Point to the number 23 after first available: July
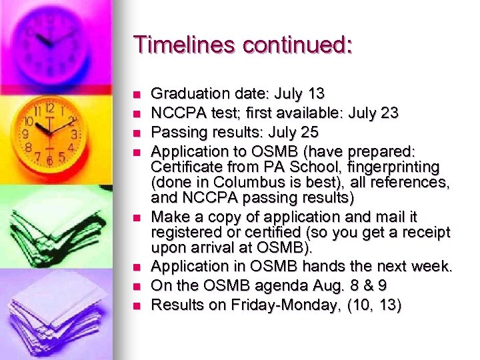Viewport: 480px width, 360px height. [x=389, y=113]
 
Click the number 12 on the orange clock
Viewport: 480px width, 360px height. [x=50, y=107]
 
